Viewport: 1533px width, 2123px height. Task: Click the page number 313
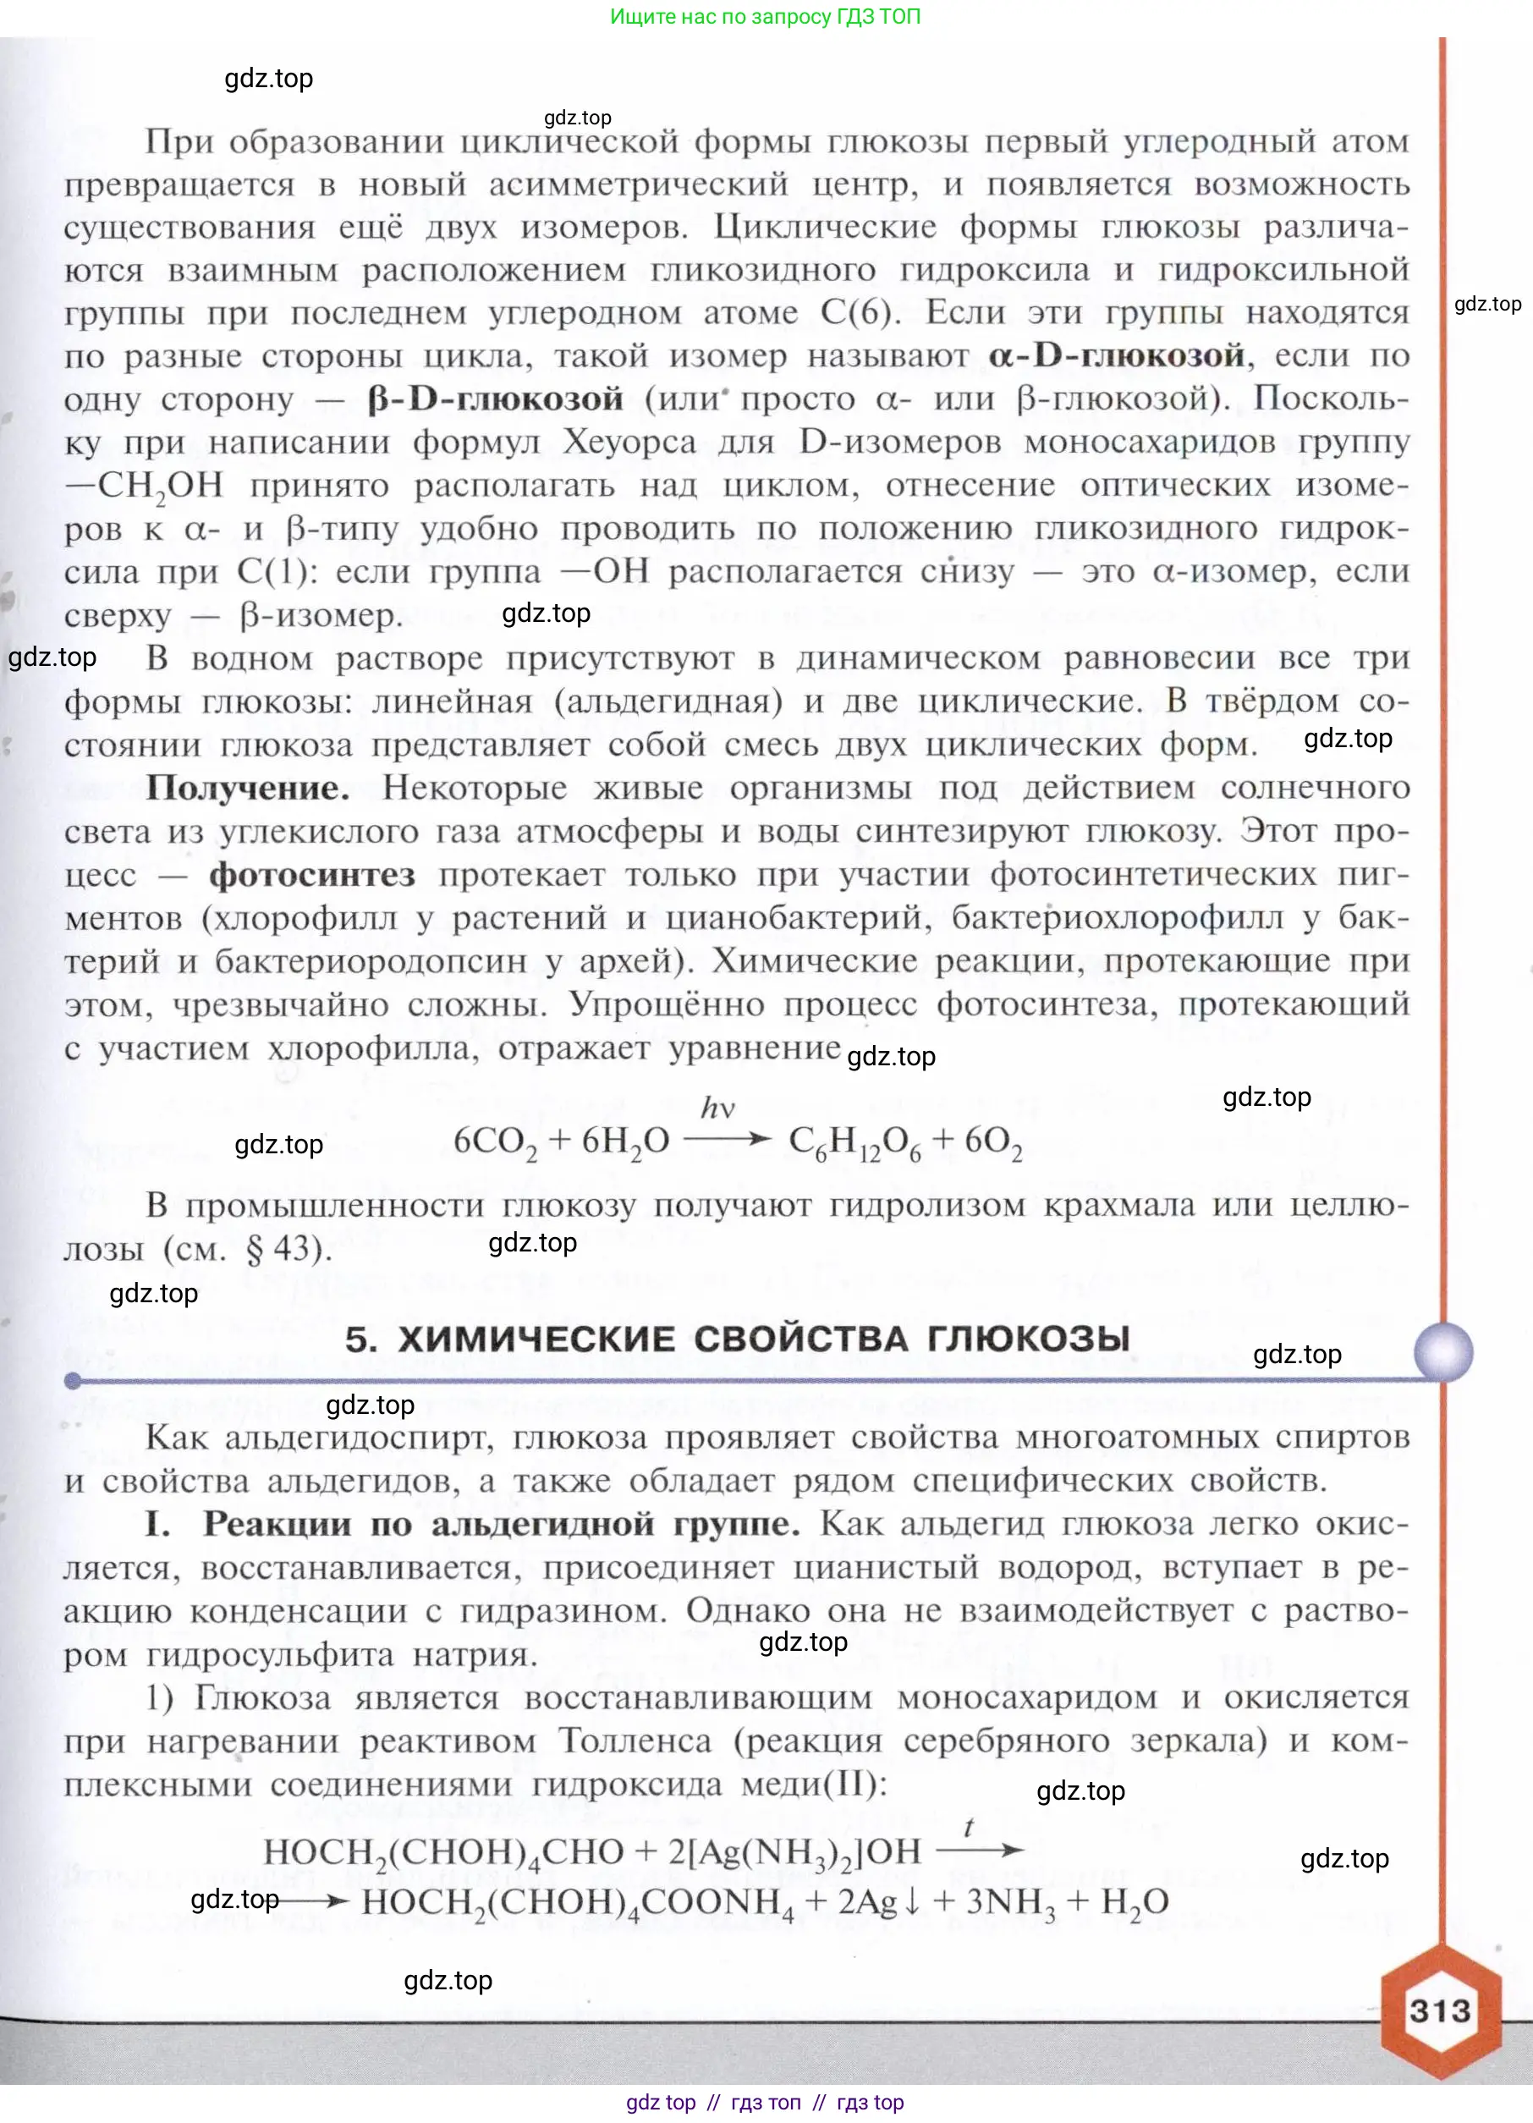[x=1439, y=2010]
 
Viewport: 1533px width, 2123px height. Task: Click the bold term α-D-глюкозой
[x=1116, y=355]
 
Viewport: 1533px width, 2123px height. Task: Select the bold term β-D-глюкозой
[x=495, y=399]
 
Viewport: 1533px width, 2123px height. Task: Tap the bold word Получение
[x=247, y=788]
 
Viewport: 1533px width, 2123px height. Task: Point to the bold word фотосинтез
[x=311, y=875]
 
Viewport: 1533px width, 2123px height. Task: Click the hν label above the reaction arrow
[x=717, y=1108]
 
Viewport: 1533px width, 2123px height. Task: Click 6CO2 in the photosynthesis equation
[x=495, y=1142]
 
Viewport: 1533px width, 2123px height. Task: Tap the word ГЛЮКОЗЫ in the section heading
[x=1029, y=1339]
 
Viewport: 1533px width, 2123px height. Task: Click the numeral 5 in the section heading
[x=360, y=1339]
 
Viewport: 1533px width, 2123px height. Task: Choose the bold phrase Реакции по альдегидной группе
[x=501, y=1525]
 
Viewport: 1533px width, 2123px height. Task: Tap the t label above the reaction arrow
[x=969, y=1827]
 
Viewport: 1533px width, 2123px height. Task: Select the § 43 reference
[x=297, y=1249]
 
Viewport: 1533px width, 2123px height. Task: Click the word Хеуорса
[x=629, y=443]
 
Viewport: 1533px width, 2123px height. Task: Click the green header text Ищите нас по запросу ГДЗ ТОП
[x=765, y=16]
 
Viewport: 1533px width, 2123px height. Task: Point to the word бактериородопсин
[x=371, y=961]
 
